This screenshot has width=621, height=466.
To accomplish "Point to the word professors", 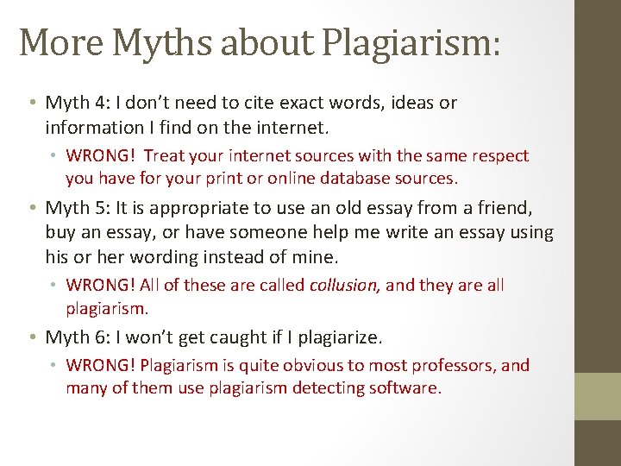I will [x=454, y=365].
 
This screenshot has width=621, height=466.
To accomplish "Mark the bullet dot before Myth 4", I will [x=31, y=104].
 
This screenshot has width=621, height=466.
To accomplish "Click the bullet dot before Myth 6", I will [x=31, y=337].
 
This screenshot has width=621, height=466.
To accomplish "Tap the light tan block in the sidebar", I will [x=598, y=395].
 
